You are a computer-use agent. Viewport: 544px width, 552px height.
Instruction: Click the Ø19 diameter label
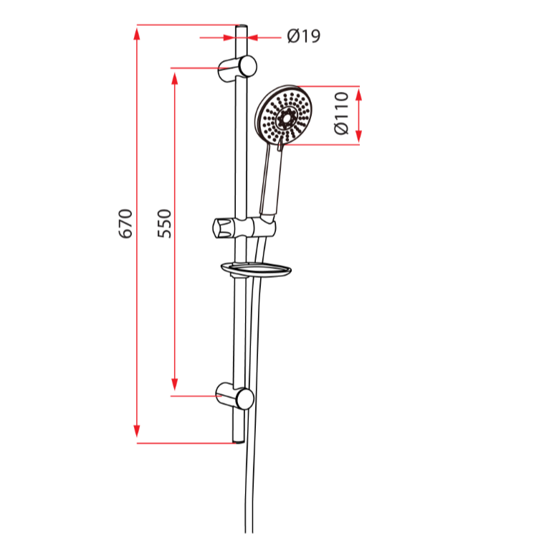coord(303,36)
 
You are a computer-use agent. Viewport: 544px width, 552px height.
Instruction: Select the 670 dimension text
coord(126,223)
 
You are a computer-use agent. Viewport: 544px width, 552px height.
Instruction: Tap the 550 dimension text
coord(164,223)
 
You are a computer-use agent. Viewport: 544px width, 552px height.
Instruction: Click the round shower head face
coord(285,117)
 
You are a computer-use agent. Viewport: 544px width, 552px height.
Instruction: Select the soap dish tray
coord(256,270)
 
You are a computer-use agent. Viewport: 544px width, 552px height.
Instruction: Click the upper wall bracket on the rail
coord(239,66)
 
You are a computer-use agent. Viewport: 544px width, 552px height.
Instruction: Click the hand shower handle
coord(270,179)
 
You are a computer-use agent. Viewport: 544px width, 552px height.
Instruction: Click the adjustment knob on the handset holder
coord(221,228)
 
